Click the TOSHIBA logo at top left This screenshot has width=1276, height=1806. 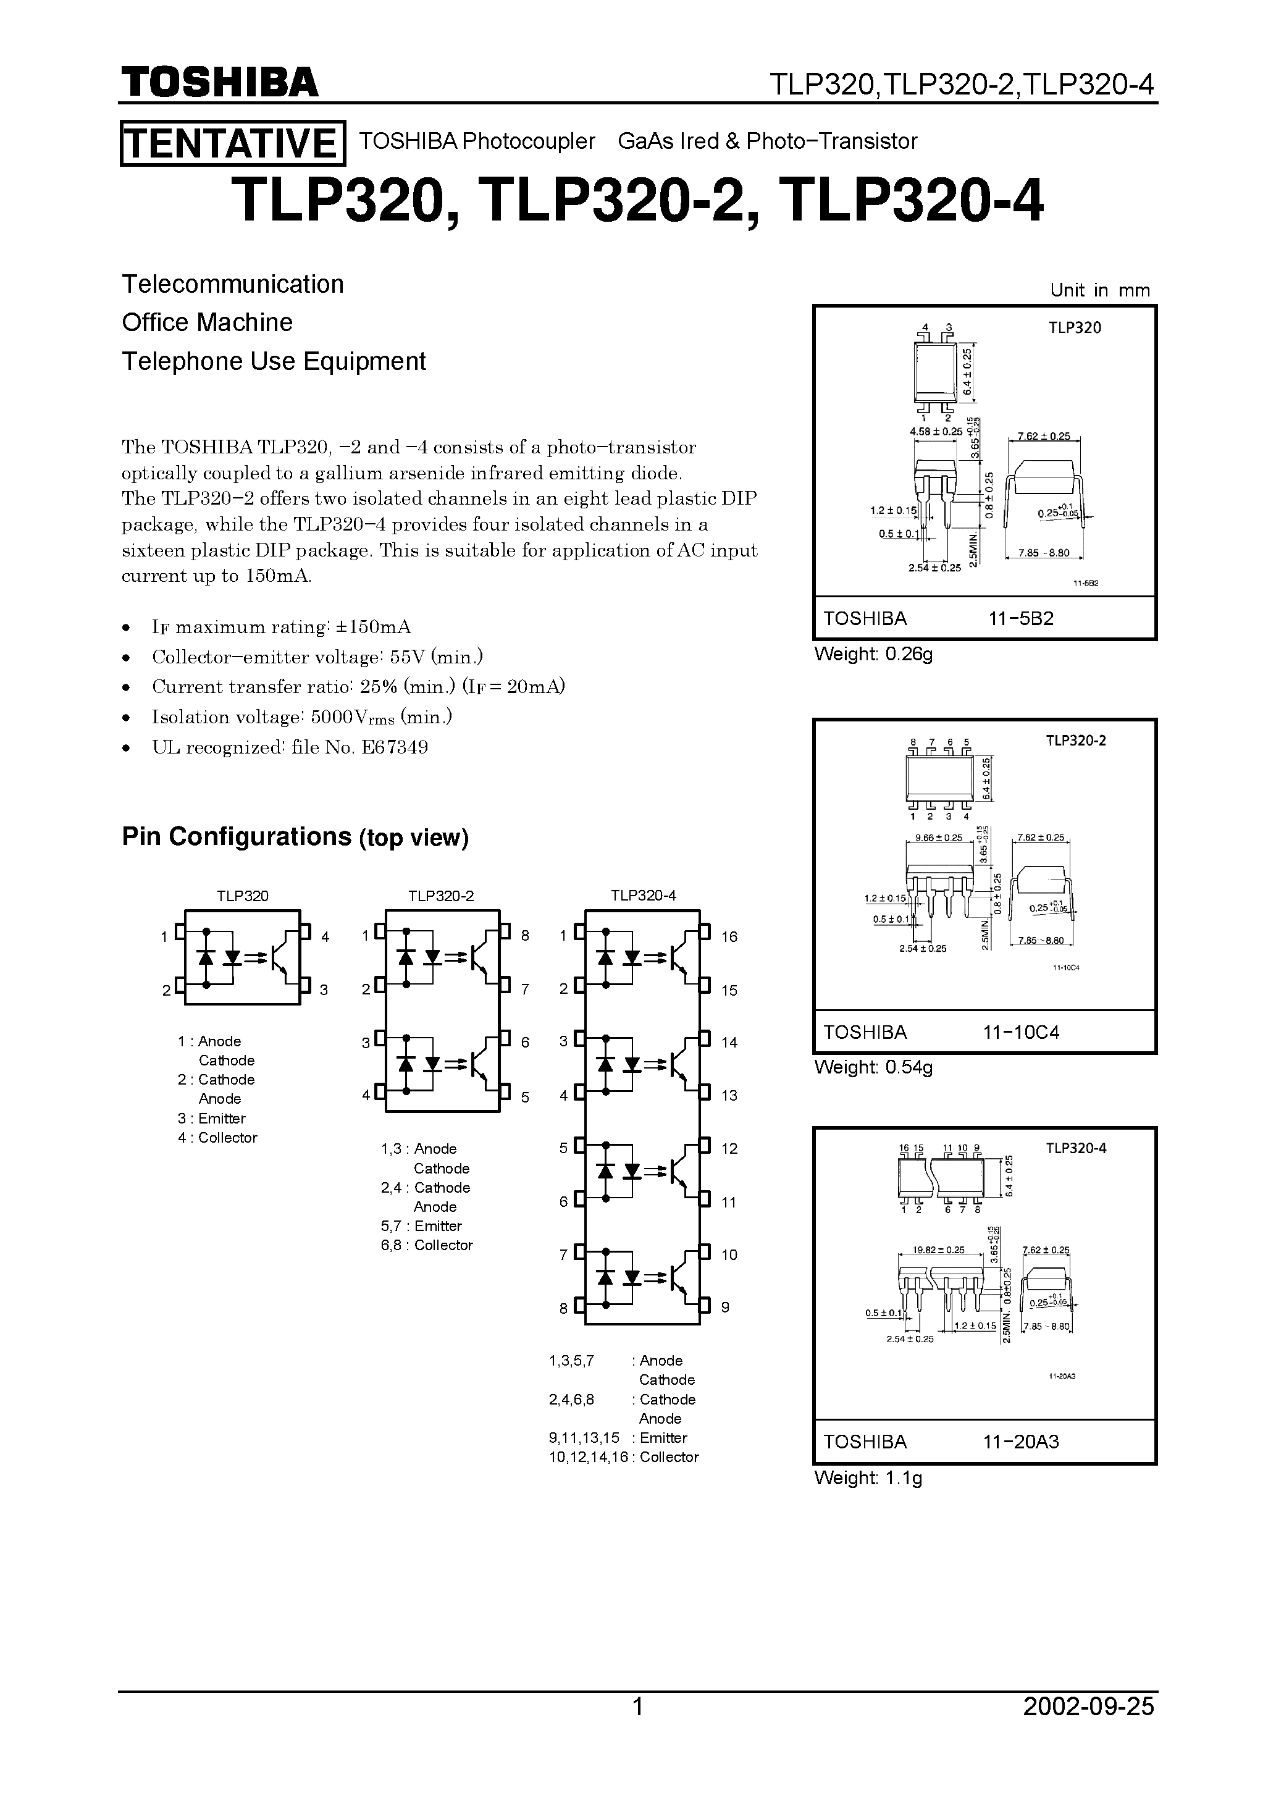(219, 82)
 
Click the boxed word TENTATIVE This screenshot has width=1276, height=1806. (232, 143)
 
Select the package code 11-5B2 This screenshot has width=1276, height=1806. (1020, 618)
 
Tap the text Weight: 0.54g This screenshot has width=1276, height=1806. (873, 1067)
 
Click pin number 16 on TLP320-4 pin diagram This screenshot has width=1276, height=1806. (729, 937)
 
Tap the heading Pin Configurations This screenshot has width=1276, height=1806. (236, 836)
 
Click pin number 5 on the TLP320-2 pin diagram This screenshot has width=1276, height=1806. (525, 1096)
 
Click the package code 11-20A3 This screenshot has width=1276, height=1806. (1020, 1442)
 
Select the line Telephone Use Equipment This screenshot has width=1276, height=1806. (274, 361)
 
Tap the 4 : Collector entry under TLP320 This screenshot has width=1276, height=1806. (217, 1138)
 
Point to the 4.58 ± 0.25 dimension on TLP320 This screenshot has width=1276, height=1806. (935, 432)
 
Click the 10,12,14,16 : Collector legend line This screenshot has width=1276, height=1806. (623, 1457)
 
